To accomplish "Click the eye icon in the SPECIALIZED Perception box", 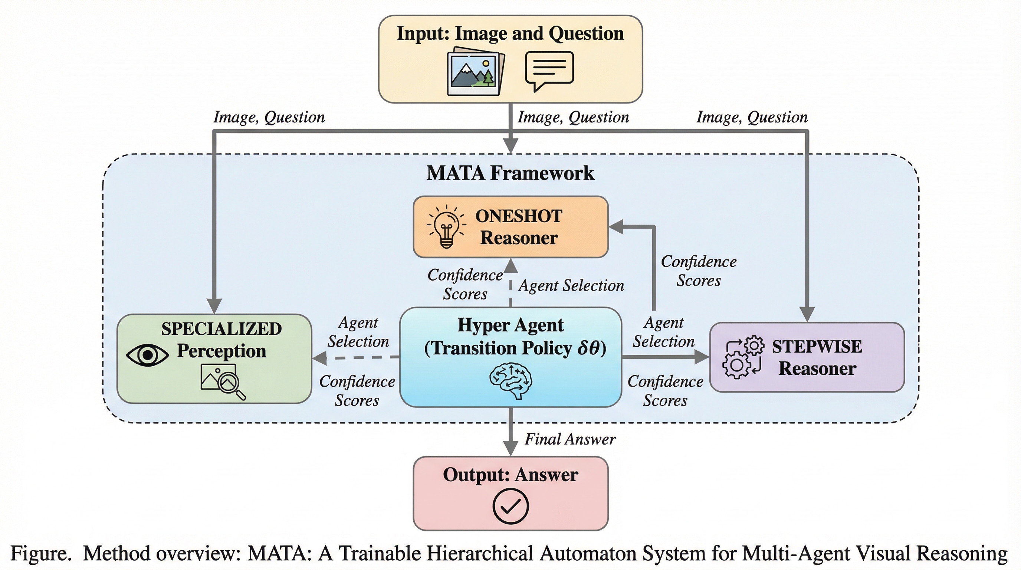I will coord(147,355).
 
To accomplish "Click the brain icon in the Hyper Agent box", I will coord(511,380).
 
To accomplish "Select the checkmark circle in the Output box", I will coord(510,506).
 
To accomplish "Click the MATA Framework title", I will coord(510,173).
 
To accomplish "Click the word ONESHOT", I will coord(518,216).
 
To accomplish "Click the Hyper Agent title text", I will coord(510,325).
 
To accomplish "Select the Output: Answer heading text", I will coord(510,475).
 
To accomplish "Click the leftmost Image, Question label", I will coord(269,117).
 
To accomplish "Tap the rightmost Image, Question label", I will coord(752,117).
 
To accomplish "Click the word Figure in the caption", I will coord(39,553).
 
